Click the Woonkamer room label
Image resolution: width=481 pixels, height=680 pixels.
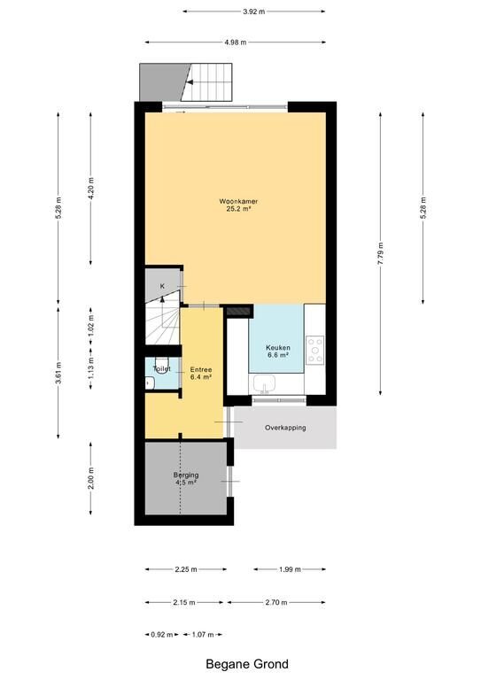[x=238, y=201]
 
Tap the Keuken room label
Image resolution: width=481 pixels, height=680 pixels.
[x=278, y=348]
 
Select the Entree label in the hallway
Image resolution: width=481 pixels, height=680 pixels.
[x=201, y=370]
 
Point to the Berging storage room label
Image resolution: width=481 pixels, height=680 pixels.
[x=186, y=475]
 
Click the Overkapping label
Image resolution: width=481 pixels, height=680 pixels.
[x=285, y=428]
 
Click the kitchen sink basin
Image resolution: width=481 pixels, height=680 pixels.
[x=265, y=383]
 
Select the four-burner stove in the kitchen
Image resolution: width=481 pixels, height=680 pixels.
[x=314, y=350]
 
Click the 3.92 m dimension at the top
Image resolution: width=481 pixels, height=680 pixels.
[x=253, y=12]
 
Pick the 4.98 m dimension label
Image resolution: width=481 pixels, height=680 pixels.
[x=236, y=42]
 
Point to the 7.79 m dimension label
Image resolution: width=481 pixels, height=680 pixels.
[x=380, y=254]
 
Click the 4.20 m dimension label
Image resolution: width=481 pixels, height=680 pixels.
[x=90, y=189]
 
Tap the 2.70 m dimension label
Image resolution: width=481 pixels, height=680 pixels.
[x=276, y=602]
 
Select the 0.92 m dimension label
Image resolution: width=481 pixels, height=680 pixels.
[x=162, y=635]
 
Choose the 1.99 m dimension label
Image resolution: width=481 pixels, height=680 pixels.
[x=290, y=569]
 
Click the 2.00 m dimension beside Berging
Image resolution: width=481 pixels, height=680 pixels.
[x=90, y=478]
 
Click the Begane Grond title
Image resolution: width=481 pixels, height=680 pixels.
[x=247, y=664]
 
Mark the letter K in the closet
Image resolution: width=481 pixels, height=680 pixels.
[x=162, y=286]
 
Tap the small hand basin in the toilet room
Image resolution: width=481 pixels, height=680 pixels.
[x=150, y=382]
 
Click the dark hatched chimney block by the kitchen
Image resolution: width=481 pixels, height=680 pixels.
[x=239, y=311]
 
